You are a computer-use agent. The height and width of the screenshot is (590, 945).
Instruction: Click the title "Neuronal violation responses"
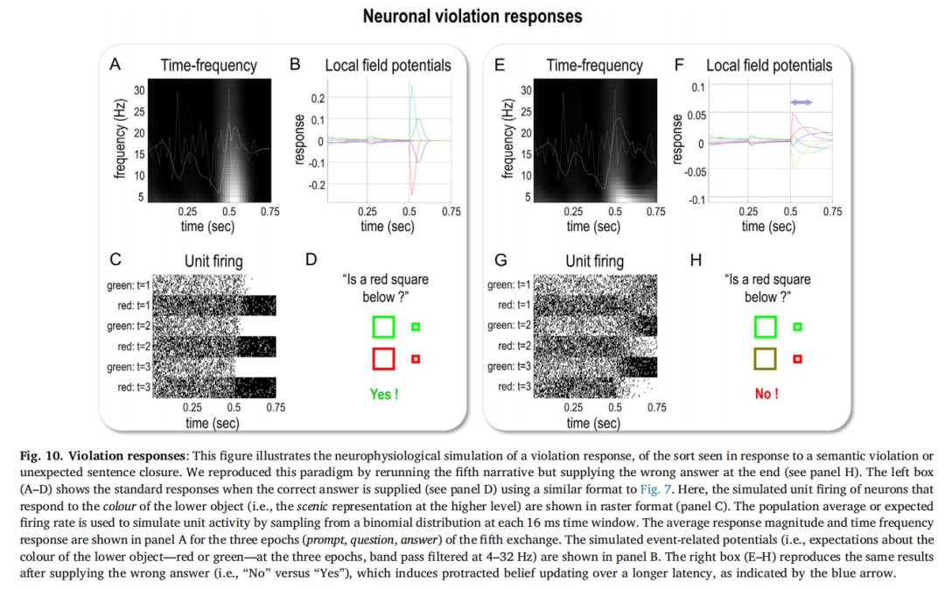pyautogui.click(x=472, y=17)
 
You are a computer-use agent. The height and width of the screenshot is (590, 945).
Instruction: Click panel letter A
pyautogui.click(x=114, y=64)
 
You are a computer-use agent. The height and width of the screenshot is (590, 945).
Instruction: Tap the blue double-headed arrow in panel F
pyautogui.click(x=801, y=102)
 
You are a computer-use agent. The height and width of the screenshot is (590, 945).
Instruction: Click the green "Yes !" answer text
pyautogui.click(x=383, y=395)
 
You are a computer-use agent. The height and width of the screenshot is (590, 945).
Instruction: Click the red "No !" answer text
pyautogui.click(x=766, y=395)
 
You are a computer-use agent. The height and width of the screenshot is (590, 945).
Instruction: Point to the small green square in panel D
pyautogui.click(x=416, y=327)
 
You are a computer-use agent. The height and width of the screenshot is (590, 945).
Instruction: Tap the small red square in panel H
pyautogui.click(x=797, y=359)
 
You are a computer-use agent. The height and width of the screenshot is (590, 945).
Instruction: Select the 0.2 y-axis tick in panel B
pyautogui.click(x=317, y=98)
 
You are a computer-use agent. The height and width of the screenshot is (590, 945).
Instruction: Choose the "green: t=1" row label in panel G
pyautogui.click(x=509, y=284)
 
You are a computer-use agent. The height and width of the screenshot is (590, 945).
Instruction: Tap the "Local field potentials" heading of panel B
pyautogui.click(x=388, y=65)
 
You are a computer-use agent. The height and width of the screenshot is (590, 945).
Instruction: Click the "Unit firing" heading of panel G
pyautogui.click(x=595, y=261)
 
